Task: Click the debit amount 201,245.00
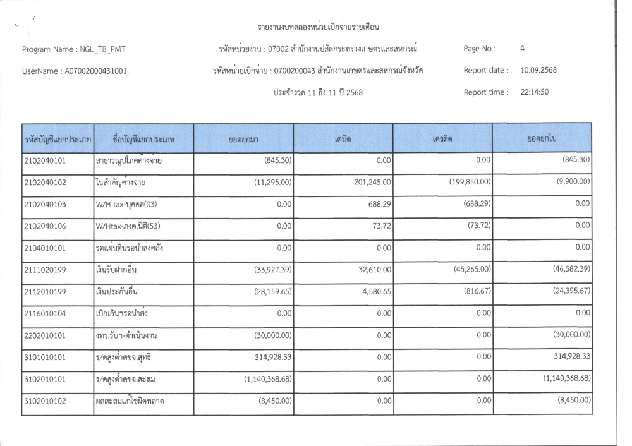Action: pos(369,183)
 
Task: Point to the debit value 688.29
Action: pos(379,204)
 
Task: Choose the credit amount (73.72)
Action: pos(477,226)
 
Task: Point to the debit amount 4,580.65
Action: pos(374,291)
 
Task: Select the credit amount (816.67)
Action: pos(474,291)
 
